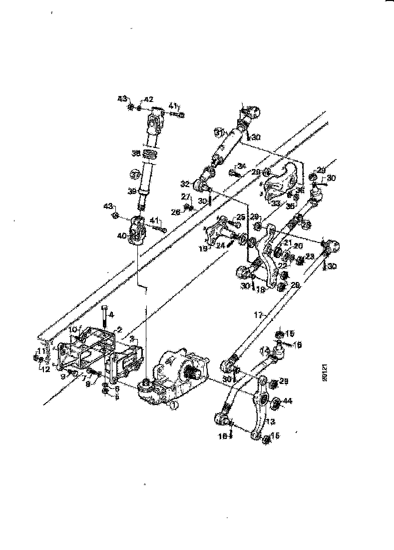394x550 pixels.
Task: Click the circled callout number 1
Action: (x=172, y=405)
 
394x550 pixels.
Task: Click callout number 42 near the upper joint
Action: (x=149, y=99)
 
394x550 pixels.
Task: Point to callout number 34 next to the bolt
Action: (x=242, y=165)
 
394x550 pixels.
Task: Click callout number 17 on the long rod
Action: (x=258, y=315)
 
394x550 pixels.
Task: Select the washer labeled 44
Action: (x=275, y=401)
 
